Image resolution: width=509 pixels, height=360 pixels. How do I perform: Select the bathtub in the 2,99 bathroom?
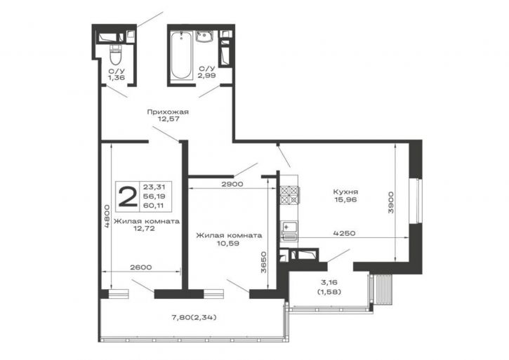(181, 55)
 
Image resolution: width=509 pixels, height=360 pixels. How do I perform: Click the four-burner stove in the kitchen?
(289, 195)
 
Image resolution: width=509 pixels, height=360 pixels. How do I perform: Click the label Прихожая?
(168, 112)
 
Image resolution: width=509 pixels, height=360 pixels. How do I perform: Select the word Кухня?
(345, 192)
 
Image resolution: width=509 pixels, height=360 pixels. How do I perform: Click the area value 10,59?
(229, 243)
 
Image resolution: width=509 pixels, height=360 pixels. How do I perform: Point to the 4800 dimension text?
(107, 216)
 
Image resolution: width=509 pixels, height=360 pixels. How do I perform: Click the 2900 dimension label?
(232, 184)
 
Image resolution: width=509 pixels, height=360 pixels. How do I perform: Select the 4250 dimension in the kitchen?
(344, 233)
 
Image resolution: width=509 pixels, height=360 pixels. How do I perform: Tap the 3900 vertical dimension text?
(391, 203)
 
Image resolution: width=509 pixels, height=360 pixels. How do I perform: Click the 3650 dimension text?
(264, 262)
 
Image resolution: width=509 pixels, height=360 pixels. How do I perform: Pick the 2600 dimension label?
(140, 267)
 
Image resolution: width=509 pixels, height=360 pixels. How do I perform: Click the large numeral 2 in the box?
(128, 197)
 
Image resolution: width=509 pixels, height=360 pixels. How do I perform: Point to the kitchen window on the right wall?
(416, 201)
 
